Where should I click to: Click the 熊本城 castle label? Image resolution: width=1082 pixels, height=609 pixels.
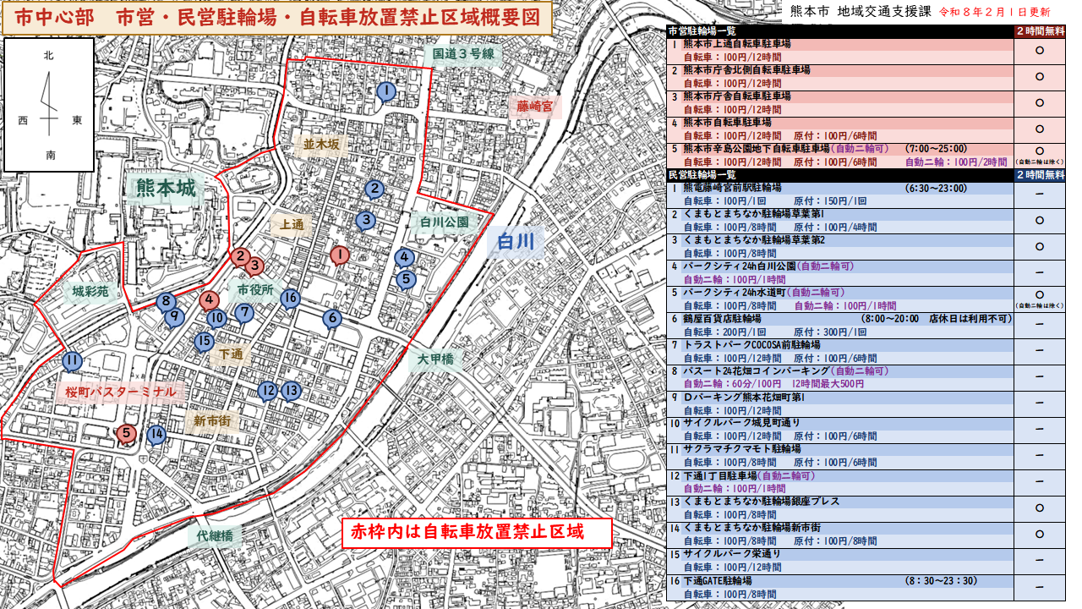tap(166, 188)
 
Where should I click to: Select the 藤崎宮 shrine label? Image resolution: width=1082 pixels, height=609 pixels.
tap(534, 107)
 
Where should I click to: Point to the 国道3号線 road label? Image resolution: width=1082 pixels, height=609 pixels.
tap(462, 54)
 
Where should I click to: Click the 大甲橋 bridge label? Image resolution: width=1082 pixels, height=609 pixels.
tap(436, 359)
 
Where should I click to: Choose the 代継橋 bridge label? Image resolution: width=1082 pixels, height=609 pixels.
tap(215, 535)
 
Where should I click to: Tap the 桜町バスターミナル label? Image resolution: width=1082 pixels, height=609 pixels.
tap(121, 392)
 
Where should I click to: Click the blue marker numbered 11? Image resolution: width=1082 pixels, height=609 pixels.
tap(72, 361)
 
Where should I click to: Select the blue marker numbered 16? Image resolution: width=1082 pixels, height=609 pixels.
tap(290, 298)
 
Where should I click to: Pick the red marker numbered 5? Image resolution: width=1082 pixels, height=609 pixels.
tap(126, 434)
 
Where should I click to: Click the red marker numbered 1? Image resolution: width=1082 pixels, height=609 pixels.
tap(339, 254)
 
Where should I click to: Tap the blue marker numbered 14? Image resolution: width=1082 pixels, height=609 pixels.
tap(156, 435)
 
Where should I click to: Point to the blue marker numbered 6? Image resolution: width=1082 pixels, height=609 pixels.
tap(331, 318)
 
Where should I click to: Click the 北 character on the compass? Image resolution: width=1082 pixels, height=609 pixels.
tap(49, 55)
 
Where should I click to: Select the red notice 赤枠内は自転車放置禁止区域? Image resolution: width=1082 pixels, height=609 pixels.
tap(467, 532)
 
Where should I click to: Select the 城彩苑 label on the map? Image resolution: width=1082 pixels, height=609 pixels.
tap(90, 293)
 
